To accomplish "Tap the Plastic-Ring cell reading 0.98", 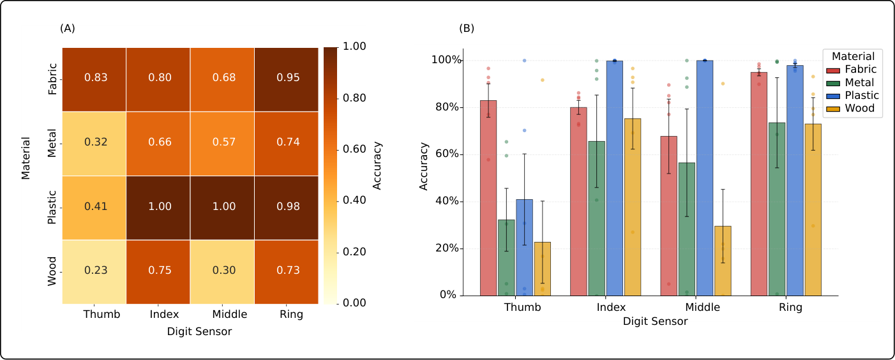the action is (x=287, y=208).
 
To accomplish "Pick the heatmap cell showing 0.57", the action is (x=222, y=144).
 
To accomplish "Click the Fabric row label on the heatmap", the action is (x=52, y=79).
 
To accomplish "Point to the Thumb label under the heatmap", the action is (x=102, y=315).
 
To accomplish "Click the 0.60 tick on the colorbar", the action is (x=354, y=149).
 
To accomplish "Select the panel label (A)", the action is (x=68, y=28).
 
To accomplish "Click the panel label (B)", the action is (x=466, y=28).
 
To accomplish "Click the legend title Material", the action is (x=853, y=56).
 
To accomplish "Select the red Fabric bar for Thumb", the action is (x=488, y=198).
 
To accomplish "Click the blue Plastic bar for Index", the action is (x=615, y=178).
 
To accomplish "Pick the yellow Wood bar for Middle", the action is (x=723, y=261).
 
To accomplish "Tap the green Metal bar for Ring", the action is (x=777, y=209).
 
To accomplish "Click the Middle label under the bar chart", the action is (x=702, y=307).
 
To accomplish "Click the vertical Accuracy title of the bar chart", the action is (x=423, y=166).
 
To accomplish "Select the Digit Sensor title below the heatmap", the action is (x=199, y=332).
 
